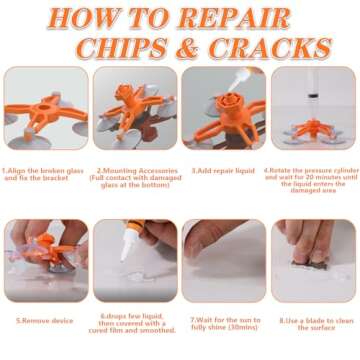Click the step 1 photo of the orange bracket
coord(45,108)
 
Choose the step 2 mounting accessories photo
coord(134,108)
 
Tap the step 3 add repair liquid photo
coord(223,108)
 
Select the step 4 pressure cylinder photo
coord(313,108)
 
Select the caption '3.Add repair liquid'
coord(223,171)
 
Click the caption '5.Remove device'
coord(45,323)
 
